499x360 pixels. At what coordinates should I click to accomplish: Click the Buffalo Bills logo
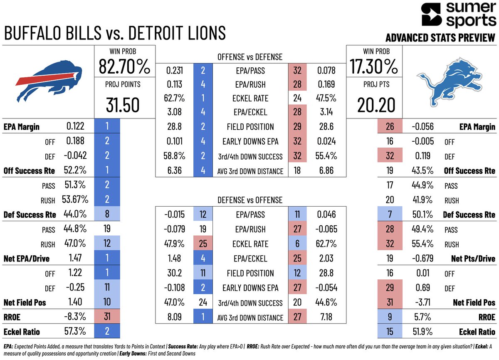click(x=48, y=81)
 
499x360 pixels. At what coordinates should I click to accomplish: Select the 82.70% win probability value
click(x=124, y=67)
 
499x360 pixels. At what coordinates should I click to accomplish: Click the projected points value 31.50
click(x=124, y=106)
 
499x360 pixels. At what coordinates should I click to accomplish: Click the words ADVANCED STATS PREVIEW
click(x=440, y=38)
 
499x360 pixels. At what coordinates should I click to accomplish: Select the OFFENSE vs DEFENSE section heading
click(x=249, y=57)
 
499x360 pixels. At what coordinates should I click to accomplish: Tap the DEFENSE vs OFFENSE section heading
click(x=249, y=200)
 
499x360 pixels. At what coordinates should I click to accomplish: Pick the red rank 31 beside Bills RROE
click(x=107, y=317)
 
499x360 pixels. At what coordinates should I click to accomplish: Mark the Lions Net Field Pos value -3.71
click(x=420, y=302)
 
